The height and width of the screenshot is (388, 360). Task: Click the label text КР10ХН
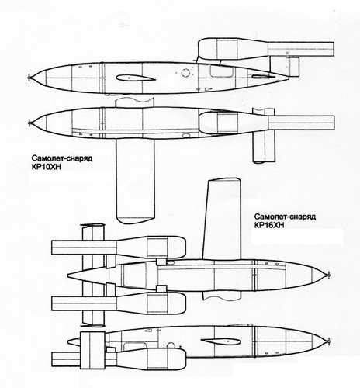[x=47, y=167]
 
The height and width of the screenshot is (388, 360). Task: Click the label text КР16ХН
[x=269, y=225]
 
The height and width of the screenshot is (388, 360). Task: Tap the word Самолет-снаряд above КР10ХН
[x=62, y=158]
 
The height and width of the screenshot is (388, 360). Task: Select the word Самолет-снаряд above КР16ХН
[x=285, y=217]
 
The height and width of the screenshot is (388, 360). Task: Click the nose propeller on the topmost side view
[x=29, y=77]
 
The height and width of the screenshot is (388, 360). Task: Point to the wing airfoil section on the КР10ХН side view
[x=136, y=78]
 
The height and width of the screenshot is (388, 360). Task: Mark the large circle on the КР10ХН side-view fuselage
[x=185, y=73]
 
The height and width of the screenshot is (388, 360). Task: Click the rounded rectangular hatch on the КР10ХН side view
[x=221, y=71]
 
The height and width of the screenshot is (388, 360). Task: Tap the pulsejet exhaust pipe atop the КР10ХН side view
[x=301, y=49]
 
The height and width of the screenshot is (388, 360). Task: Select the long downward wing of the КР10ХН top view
[x=135, y=181]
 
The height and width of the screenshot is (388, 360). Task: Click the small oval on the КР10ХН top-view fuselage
[x=185, y=135]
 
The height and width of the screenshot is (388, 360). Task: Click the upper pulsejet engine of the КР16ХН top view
[x=119, y=247]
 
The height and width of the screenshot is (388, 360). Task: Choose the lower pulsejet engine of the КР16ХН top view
[x=119, y=303]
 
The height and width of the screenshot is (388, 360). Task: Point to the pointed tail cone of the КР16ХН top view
[x=88, y=275]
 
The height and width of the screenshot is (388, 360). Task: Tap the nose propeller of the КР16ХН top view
[x=328, y=275]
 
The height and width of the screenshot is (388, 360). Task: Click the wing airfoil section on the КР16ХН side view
[x=221, y=341]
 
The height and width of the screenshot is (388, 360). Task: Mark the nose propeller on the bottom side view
[x=328, y=341]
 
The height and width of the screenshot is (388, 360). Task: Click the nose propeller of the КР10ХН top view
[x=29, y=123]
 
